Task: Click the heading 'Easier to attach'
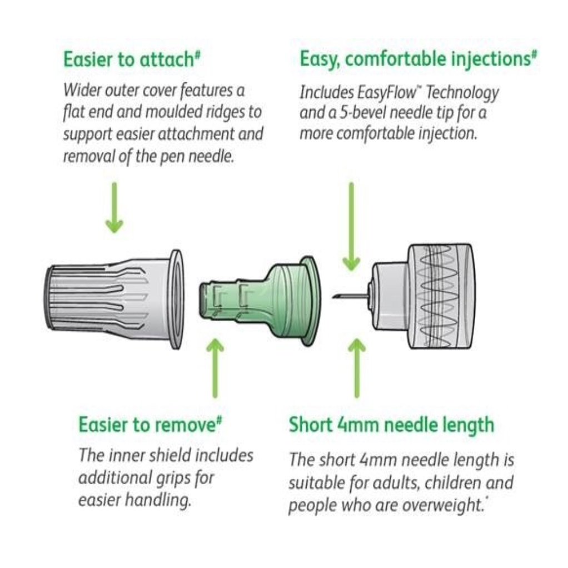(128, 59)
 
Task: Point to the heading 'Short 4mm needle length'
(391, 425)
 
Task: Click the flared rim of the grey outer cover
(176, 300)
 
